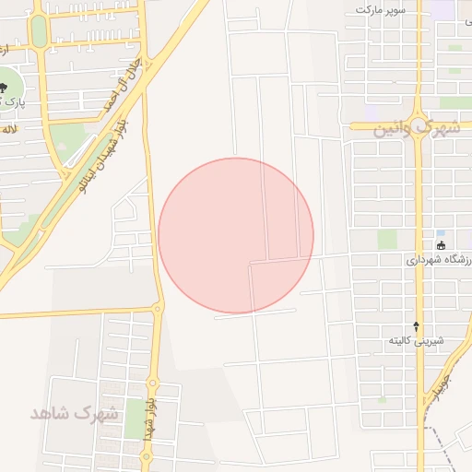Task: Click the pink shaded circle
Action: tap(236, 235)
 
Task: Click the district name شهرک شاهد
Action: tap(75, 412)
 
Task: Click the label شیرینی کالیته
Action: tap(415, 341)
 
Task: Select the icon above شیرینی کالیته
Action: tap(416, 325)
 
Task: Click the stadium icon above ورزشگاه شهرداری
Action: tap(442, 245)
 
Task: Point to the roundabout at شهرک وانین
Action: tap(418, 122)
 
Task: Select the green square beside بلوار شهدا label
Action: tap(134, 419)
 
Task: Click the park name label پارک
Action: tap(11, 100)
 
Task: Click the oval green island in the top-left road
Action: tap(38, 30)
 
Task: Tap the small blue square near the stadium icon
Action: tap(440, 232)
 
